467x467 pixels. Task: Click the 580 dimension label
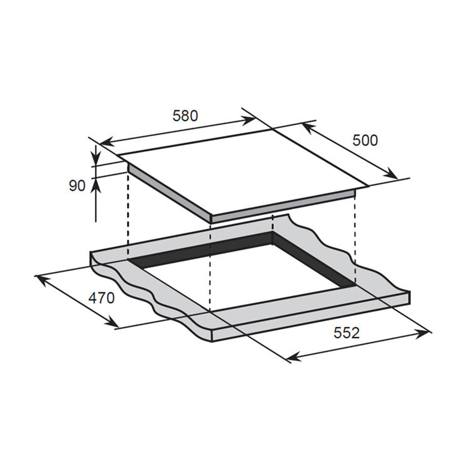point(185,116)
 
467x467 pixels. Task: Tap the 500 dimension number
point(365,140)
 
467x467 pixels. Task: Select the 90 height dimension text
point(77,186)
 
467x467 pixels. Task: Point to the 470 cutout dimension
point(101,298)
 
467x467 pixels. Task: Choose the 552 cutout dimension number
point(347,333)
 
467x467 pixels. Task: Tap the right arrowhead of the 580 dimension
point(248,120)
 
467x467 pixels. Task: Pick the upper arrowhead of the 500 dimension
point(309,127)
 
